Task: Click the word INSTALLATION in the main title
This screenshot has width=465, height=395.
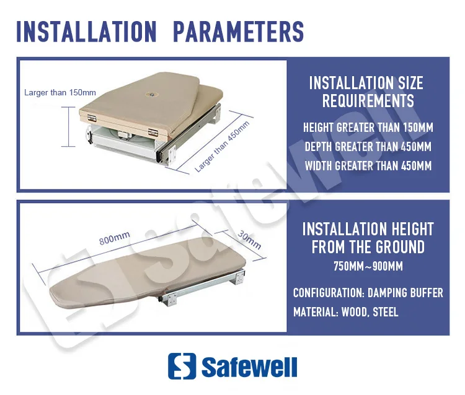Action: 86,32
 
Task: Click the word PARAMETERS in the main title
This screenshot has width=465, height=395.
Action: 238,32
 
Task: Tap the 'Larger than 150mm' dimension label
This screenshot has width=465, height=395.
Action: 60,93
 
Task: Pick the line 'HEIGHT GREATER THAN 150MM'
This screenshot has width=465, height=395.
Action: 368,128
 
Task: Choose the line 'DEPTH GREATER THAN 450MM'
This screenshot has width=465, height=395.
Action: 368,147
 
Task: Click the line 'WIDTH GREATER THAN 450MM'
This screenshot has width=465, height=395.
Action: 368,166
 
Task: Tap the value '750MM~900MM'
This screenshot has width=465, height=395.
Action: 368,267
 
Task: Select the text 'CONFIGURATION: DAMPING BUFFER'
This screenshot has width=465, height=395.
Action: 368,293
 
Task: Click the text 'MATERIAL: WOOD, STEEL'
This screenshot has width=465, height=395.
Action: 345,312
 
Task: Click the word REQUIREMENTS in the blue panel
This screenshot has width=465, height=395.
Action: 368,101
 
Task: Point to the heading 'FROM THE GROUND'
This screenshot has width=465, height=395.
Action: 368,248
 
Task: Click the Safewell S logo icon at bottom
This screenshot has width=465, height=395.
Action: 181,366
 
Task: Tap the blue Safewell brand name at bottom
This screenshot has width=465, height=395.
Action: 249,366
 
